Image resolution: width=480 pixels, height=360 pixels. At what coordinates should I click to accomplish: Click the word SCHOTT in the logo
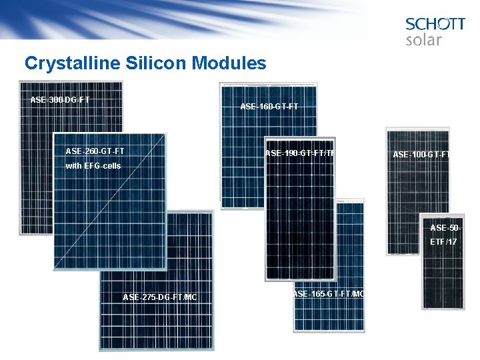(x=435, y=24)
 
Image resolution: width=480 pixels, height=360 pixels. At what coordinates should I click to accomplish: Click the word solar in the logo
(x=423, y=40)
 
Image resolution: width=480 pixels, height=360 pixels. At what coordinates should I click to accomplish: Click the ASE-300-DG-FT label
(x=60, y=100)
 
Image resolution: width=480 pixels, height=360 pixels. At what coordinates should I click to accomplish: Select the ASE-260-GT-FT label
(x=95, y=151)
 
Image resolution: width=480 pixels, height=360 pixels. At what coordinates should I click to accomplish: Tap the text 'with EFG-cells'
(x=93, y=165)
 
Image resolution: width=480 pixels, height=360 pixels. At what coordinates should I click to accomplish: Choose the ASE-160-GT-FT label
(x=269, y=107)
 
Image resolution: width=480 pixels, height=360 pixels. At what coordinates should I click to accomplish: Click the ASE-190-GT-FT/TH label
(x=299, y=154)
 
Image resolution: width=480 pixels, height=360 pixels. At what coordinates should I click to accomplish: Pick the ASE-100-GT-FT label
(x=421, y=155)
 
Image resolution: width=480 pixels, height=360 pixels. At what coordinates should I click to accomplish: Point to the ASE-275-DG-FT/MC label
(x=160, y=297)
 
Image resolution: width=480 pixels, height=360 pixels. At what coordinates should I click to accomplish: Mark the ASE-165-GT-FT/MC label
(x=329, y=294)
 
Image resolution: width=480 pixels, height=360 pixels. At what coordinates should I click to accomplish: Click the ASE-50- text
(x=445, y=228)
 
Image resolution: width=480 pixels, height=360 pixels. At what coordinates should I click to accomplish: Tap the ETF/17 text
(x=443, y=242)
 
